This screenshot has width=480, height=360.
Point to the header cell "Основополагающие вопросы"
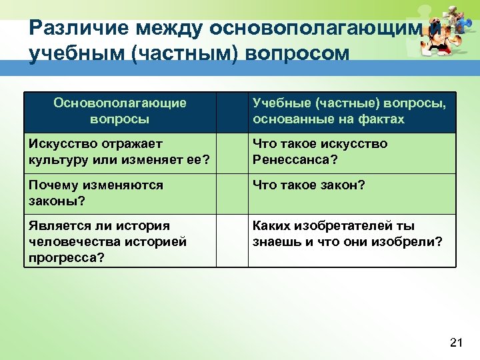pos(120,111)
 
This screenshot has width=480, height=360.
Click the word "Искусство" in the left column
pos(61,144)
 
